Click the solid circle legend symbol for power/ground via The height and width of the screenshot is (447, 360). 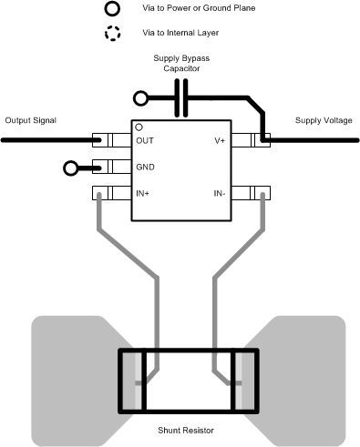coord(112,9)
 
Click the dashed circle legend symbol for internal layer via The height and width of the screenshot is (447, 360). coord(112,34)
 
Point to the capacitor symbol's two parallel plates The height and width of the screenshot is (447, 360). coord(182,97)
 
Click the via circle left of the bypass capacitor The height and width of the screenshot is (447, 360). coord(140,97)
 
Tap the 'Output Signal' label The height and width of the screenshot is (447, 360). coord(30,121)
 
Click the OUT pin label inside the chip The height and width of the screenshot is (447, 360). coord(145,141)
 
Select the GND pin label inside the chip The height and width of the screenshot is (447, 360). coord(146,168)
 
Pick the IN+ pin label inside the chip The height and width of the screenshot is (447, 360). coord(144,193)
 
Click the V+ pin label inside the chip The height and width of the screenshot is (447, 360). coord(219,141)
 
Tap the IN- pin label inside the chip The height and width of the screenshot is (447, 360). coord(219,193)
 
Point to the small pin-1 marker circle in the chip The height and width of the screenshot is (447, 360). coord(139,127)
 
